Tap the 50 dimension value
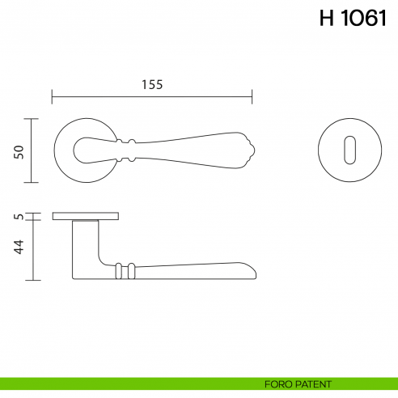pos(19,151)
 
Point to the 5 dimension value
pos(19,217)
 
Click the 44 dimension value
pos(19,246)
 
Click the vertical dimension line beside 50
pos(32,151)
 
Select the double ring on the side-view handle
pos(122,271)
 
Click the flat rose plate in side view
pos(86,216)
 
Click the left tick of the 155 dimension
pos(53,97)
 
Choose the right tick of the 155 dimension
pos(252,97)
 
